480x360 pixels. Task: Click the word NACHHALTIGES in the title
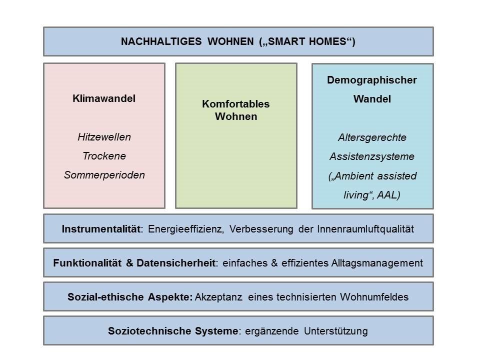(x=161, y=41)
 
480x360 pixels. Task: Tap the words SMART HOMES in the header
(x=307, y=41)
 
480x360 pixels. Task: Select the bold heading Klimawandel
(x=104, y=98)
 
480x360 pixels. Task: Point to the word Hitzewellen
(x=104, y=137)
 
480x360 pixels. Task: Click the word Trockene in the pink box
(x=104, y=156)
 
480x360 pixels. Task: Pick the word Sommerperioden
(x=104, y=175)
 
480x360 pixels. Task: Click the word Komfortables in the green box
(x=235, y=104)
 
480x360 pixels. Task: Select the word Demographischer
(x=372, y=80)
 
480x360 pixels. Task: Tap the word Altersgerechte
(x=372, y=137)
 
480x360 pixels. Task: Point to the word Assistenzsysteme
(x=372, y=156)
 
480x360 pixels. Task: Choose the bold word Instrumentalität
(x=101, y=229)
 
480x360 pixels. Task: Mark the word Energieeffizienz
(x=185, y=229)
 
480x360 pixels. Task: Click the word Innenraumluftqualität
(x=365, y=229)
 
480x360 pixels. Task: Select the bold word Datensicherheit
(x=175, y=263)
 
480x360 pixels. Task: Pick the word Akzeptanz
(x=218, y=297)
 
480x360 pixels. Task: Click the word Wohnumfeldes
(x=374, y=297)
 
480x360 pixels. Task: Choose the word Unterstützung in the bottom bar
(x=336, y=331)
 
